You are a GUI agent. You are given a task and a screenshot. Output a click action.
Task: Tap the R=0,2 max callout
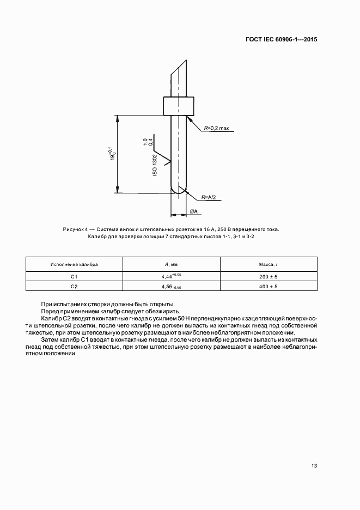click(x=217, y=128)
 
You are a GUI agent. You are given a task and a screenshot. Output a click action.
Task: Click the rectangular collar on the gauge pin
click(x=179, y=105)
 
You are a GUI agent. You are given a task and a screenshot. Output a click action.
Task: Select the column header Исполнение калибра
click(x=74, y=264)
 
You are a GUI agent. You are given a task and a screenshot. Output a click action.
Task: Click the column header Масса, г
click(x=268, y=264)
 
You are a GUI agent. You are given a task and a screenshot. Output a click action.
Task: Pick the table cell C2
click(x=74, y=287)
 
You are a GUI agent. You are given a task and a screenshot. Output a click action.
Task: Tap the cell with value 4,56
click(x=170, y=287)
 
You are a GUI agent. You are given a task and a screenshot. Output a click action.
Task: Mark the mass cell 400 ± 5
click(x=268, y=287)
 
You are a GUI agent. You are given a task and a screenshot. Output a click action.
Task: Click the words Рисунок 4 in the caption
click(x=75, y=229)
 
